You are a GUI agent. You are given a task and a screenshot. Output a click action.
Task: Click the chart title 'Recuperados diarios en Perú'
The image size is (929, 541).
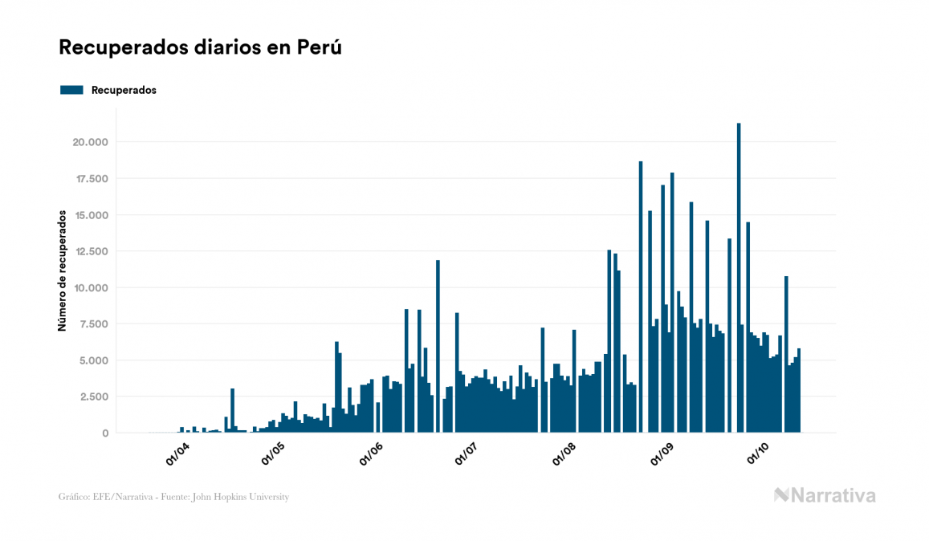pyautogui.click(x=201, y=48)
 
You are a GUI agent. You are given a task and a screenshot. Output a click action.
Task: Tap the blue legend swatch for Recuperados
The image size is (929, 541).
pyautogui.click(x=71, y=90)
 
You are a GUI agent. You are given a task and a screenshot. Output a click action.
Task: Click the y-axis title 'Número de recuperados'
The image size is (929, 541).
pyautogui.click(x=61, y=271)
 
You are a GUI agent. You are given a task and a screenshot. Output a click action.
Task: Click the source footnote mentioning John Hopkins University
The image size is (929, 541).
pyautogui.click(x=173, y=497)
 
